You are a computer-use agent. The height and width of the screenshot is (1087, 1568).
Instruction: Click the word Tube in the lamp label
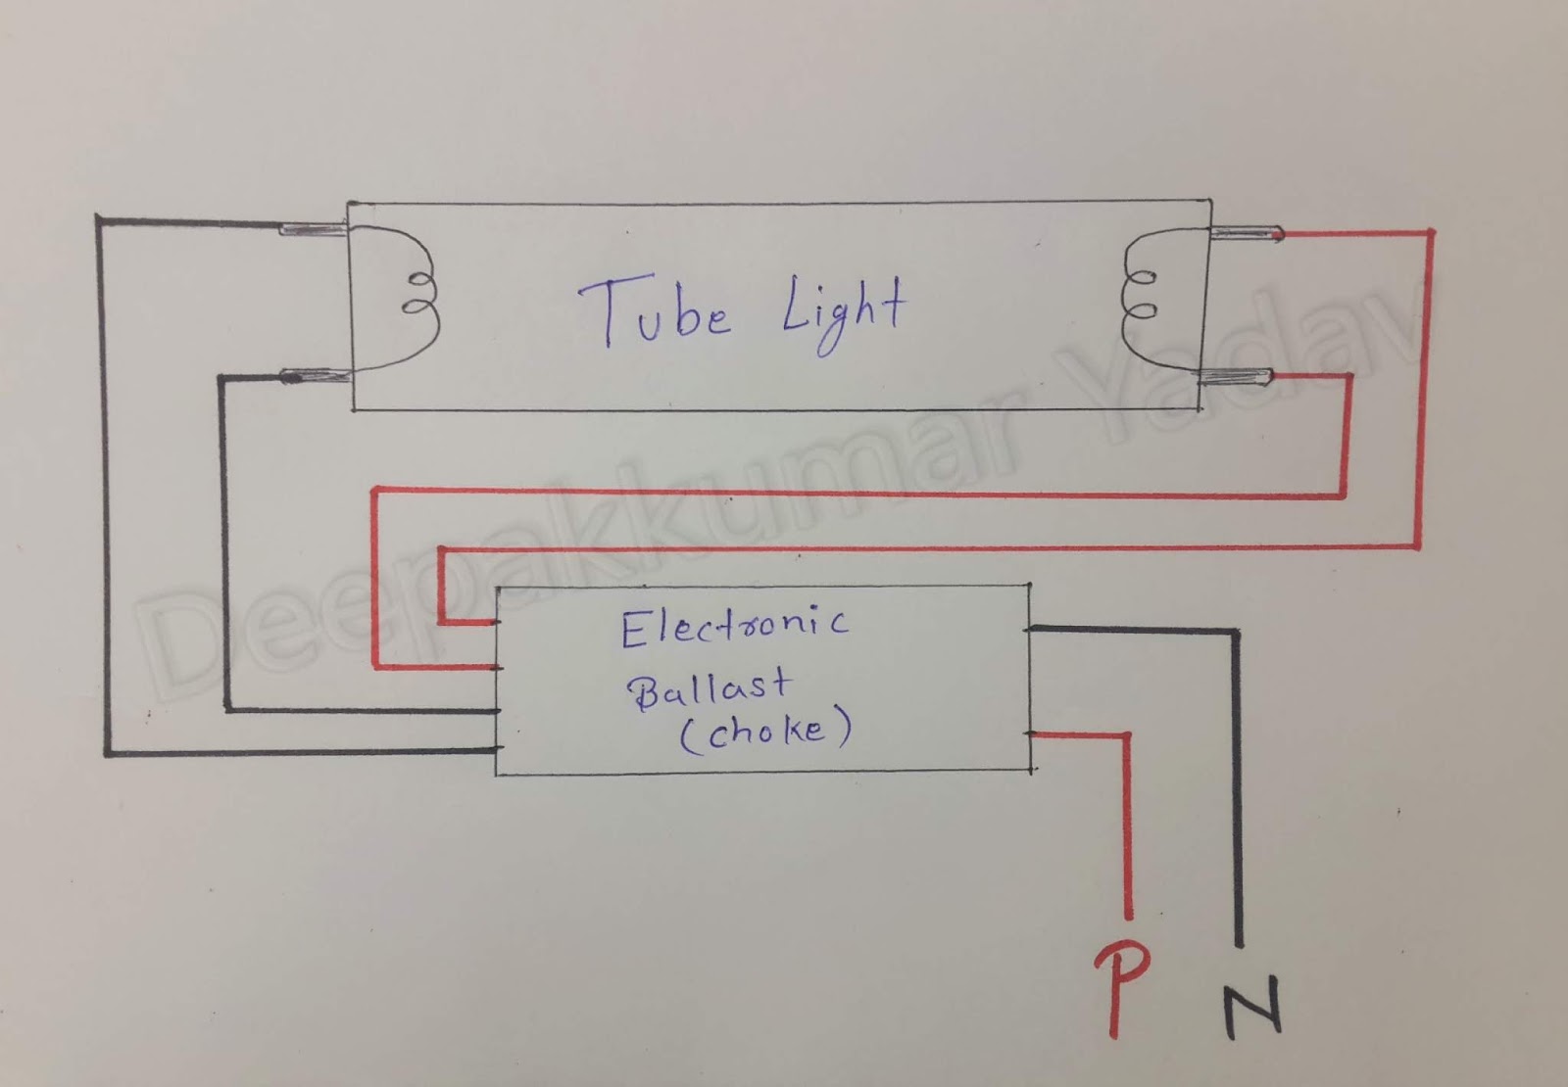coord(655,312)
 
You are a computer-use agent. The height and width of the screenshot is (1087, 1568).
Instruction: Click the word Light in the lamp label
coord(843,311)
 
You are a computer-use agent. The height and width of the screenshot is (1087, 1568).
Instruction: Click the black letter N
coord(1251,1005)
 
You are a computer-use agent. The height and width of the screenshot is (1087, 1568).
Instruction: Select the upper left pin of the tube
coord(312,230)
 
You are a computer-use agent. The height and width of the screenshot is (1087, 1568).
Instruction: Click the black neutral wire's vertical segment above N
coord(1238,783)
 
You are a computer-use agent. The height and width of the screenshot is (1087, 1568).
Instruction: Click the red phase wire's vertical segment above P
coord(1127,823)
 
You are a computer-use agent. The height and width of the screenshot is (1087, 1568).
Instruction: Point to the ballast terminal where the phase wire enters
coord(1031,733)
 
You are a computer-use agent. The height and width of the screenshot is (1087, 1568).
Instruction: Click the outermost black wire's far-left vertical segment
coord(102,490)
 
